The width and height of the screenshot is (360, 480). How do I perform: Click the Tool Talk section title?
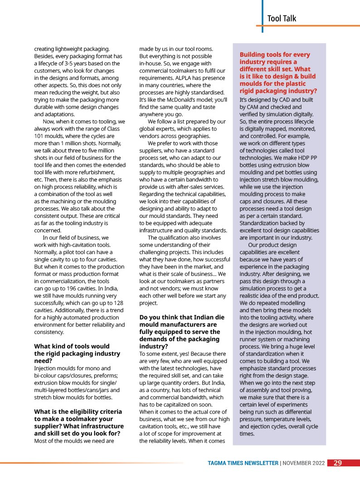tap(282, 18)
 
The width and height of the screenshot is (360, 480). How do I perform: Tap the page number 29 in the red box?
tap(338, 463)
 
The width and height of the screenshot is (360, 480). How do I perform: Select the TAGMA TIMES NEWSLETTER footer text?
tap(243, 463)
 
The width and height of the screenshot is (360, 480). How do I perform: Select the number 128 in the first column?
tap(118, 303)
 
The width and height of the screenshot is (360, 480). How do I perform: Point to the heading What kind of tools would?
tap(72, 346)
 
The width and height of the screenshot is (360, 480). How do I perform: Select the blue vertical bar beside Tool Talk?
tap(262, 12)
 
